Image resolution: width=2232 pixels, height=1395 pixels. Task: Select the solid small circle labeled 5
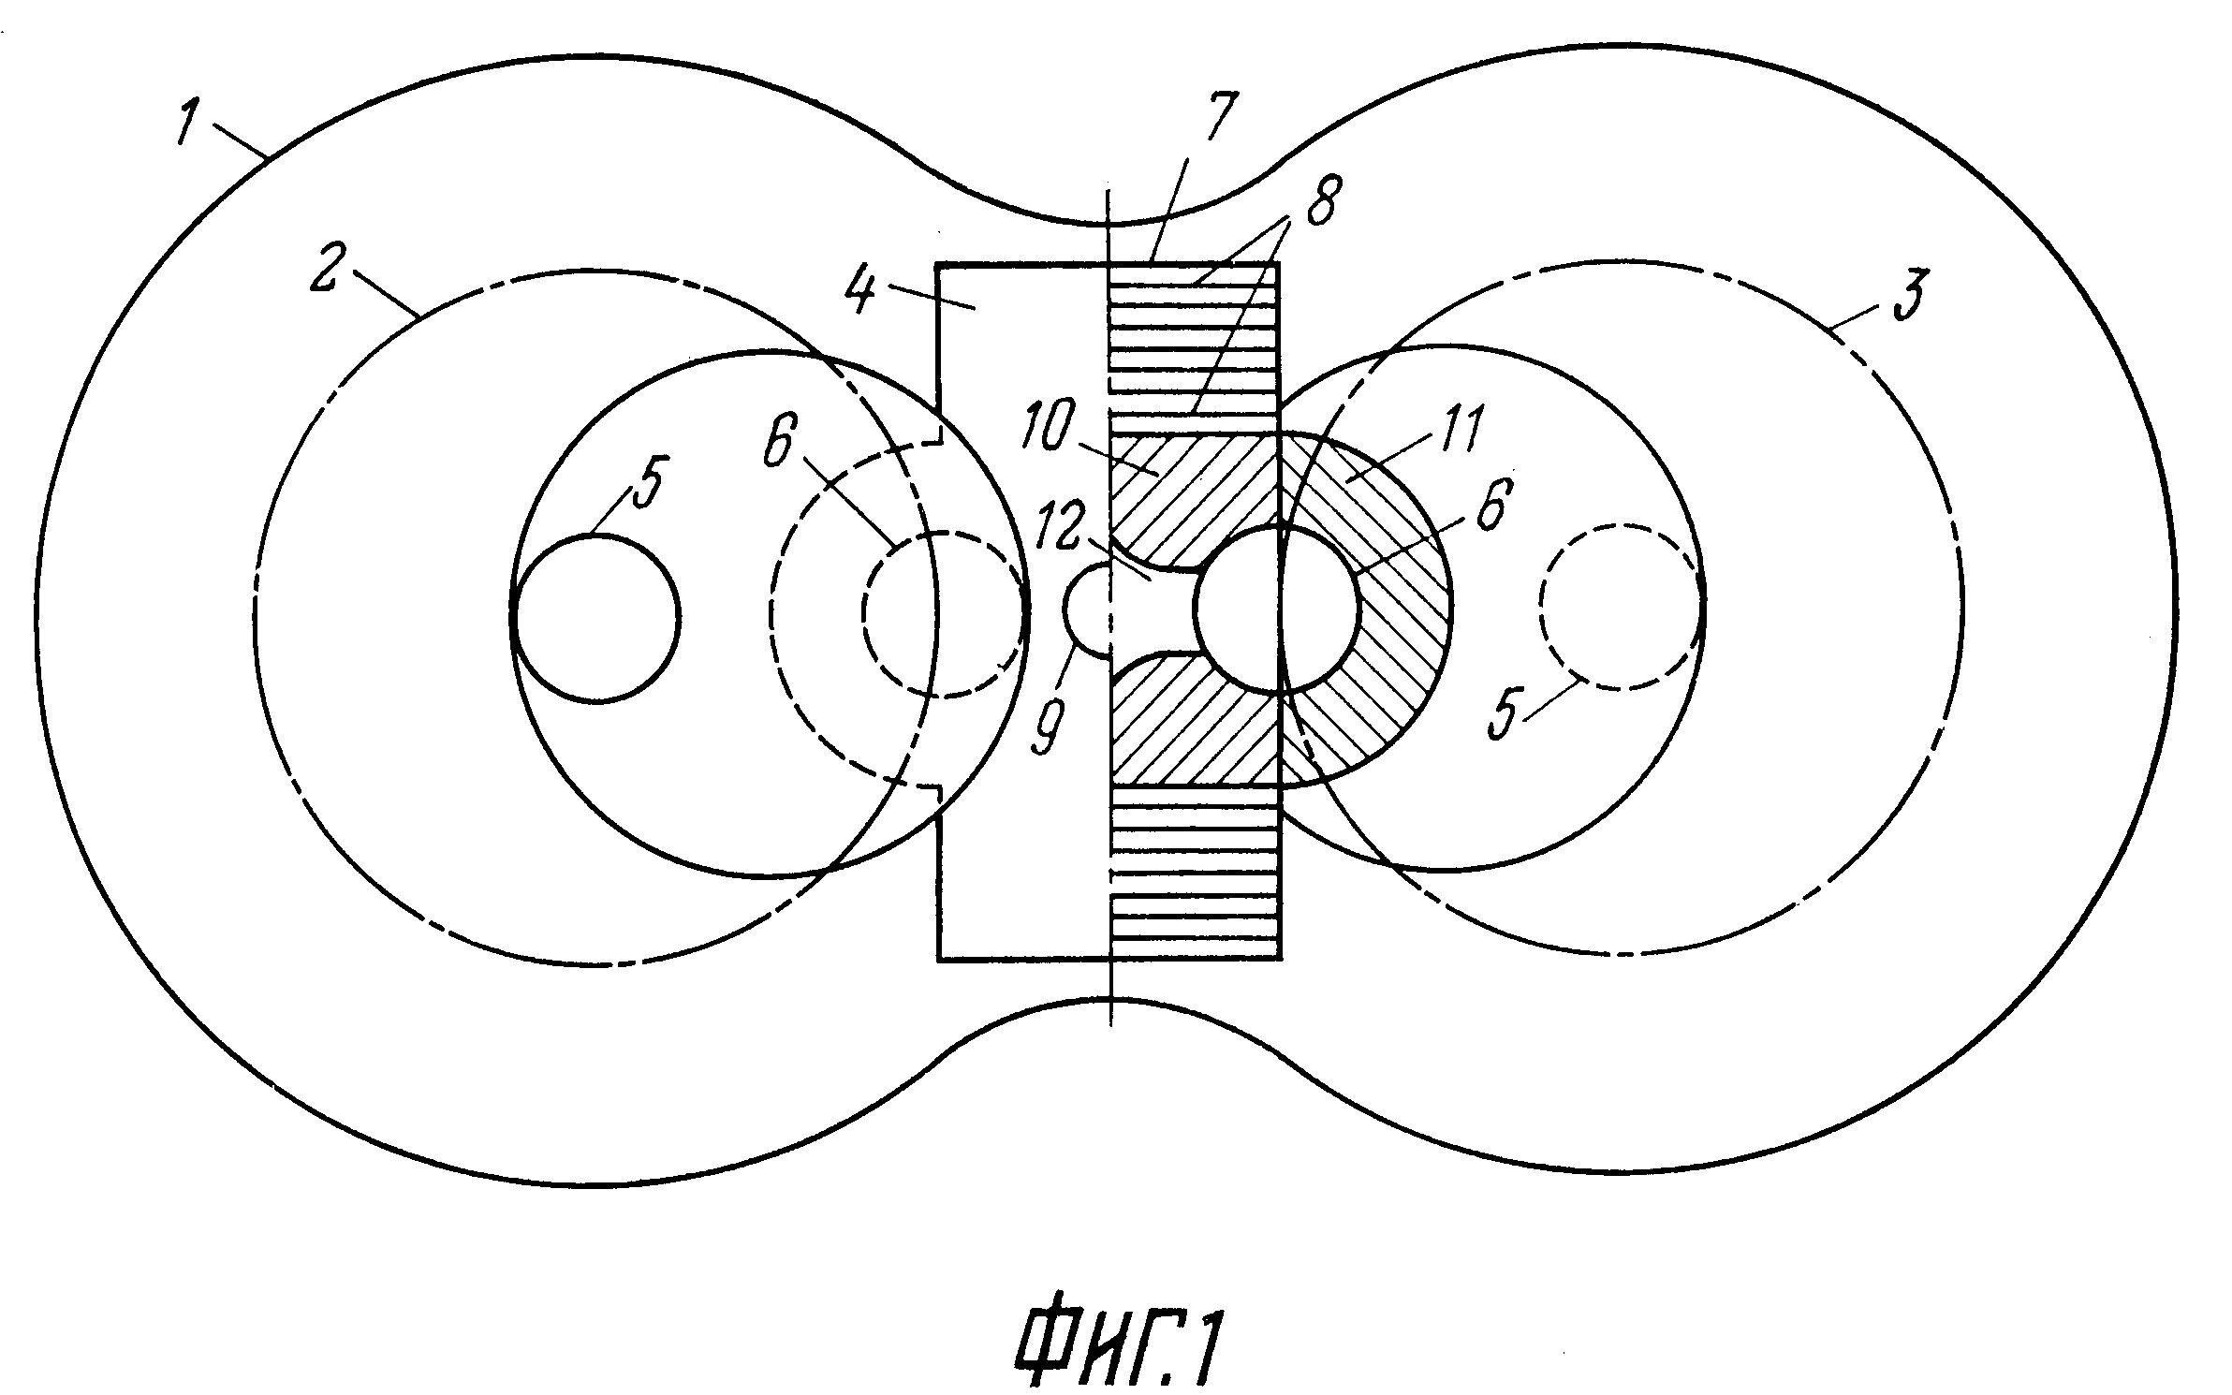(595, 618)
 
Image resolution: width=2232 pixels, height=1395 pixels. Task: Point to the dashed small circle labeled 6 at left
(942, 614)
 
